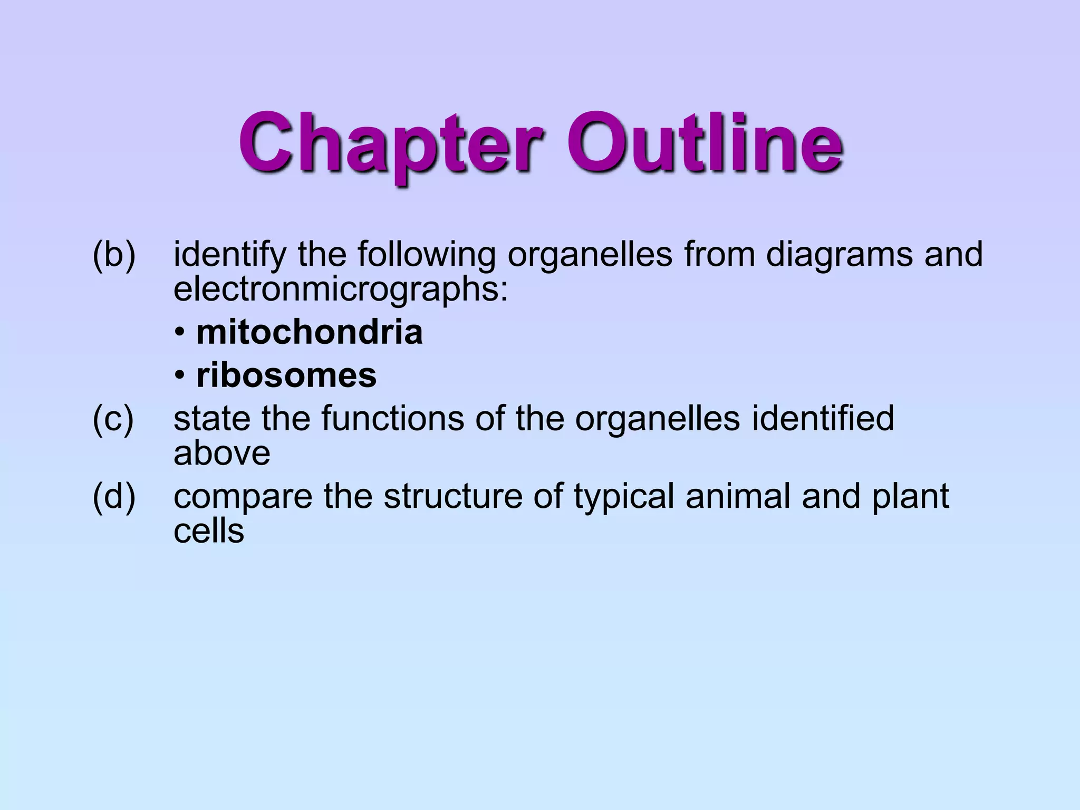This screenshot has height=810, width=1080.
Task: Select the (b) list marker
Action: coord(114,255)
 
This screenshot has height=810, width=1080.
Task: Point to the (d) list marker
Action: coord(114,497)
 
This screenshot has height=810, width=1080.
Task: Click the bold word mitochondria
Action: coord(310,332)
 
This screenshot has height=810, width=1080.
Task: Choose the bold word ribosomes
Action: coord(286,375)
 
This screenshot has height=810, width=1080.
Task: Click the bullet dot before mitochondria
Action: coord(180,333)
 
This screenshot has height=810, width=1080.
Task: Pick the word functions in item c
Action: coord(393,418)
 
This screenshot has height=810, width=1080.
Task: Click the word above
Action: coord(222,453)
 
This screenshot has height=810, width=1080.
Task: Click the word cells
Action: coord(209,531)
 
